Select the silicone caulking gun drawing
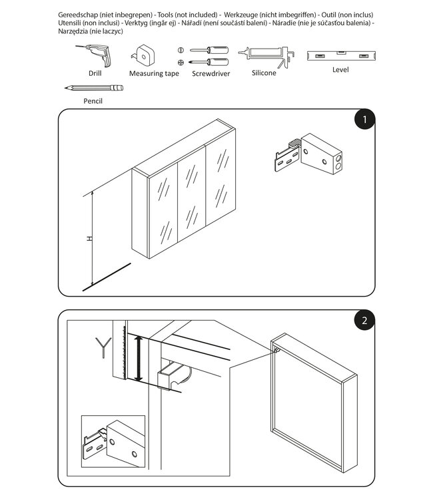click(x=266, y=57)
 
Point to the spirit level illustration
click(x=341, y=56)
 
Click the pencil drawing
click(x=94, y=88)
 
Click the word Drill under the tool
click(x=95, y=73)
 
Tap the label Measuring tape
click(x=154, y=73)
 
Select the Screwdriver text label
click(x=211, y=73)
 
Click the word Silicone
click(x=264, y=73)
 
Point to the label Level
click(x=340, y=70)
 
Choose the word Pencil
click(x=93, y=101)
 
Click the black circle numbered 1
click(x=364, y=120)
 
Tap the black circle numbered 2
click(x=364, y=320)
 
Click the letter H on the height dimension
click(x=89, y=238)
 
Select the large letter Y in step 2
click(x=103, y=347)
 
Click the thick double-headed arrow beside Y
click(x=139, y=358)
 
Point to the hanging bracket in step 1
click(x=308, y=154)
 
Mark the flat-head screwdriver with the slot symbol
click(x=209, y=51)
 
